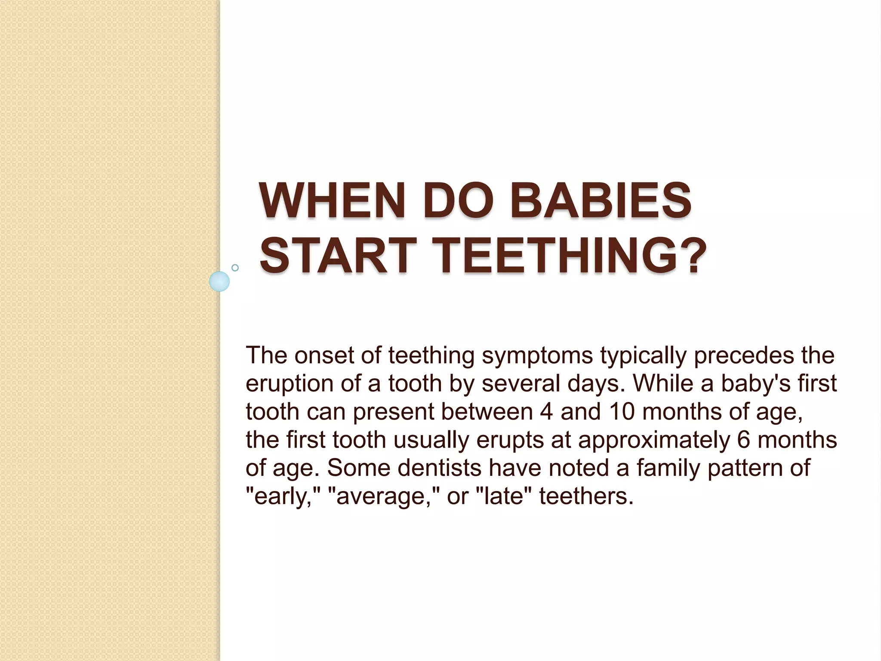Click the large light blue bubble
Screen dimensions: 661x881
pyautogui.click(x=219, y=281)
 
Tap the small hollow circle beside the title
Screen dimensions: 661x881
pyautogui.click(x=235, y=268)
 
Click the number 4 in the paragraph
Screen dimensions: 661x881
pyautogui.click(x=546, y=412)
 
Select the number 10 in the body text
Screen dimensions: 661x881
pyautogui.click(x=622, y=412)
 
